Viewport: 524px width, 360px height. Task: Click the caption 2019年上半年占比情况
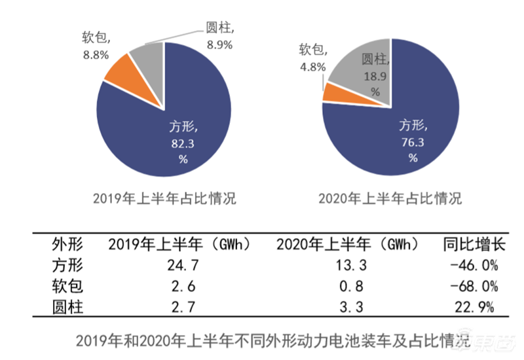(164, 199)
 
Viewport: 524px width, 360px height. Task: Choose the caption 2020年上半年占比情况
(389, 199)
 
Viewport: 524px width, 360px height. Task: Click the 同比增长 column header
(470, 245)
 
